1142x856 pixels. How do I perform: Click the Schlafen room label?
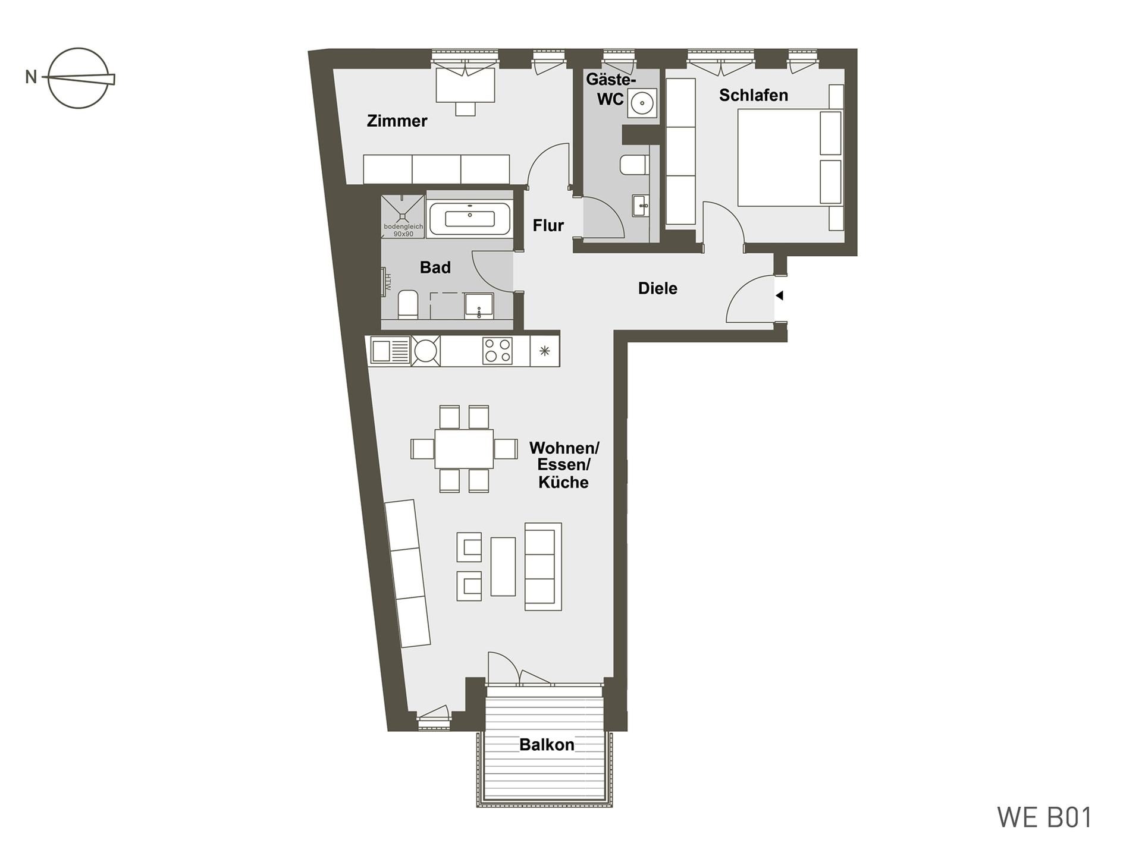(753, 95)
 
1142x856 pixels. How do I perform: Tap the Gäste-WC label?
(611, 89)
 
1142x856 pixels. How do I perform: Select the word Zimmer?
(397, 121)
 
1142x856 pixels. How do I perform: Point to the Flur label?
(548, 226)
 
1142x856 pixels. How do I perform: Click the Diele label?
(657, 289)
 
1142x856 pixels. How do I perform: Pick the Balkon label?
(547, 745)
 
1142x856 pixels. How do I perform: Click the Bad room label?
(435, 267)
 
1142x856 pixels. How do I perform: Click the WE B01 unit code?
(1044, 818)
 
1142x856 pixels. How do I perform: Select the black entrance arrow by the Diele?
(779, 295)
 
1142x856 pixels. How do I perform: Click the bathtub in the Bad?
(469, 218)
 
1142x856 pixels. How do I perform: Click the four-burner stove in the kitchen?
(497, 351)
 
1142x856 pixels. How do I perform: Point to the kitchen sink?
(390, 351)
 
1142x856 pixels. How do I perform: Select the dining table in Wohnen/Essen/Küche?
(464, 449)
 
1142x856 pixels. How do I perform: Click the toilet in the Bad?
(407, 304)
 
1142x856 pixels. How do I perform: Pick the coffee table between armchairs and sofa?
(503, 566)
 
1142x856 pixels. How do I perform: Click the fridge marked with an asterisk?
(544, 351)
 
